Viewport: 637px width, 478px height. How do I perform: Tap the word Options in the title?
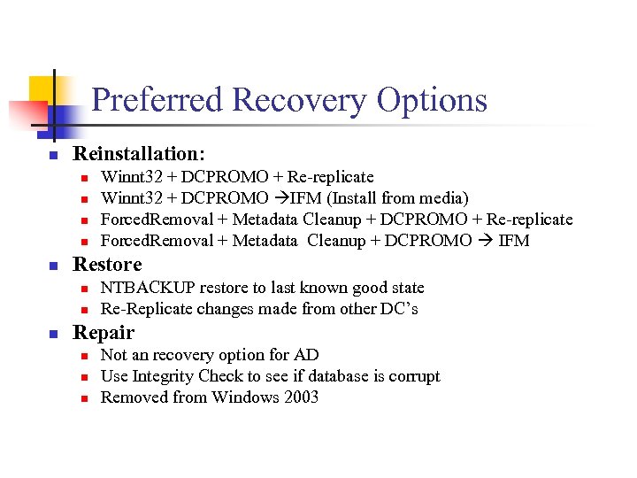432,100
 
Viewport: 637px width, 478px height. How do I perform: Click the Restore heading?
107,264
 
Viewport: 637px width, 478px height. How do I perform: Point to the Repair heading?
104,332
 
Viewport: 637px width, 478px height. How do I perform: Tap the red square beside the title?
27,113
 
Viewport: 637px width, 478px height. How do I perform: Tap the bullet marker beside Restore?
52,266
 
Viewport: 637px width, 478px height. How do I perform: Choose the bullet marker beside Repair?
52,334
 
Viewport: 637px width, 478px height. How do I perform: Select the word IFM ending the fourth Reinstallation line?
514,241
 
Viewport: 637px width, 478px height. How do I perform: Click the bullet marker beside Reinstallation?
52,156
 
